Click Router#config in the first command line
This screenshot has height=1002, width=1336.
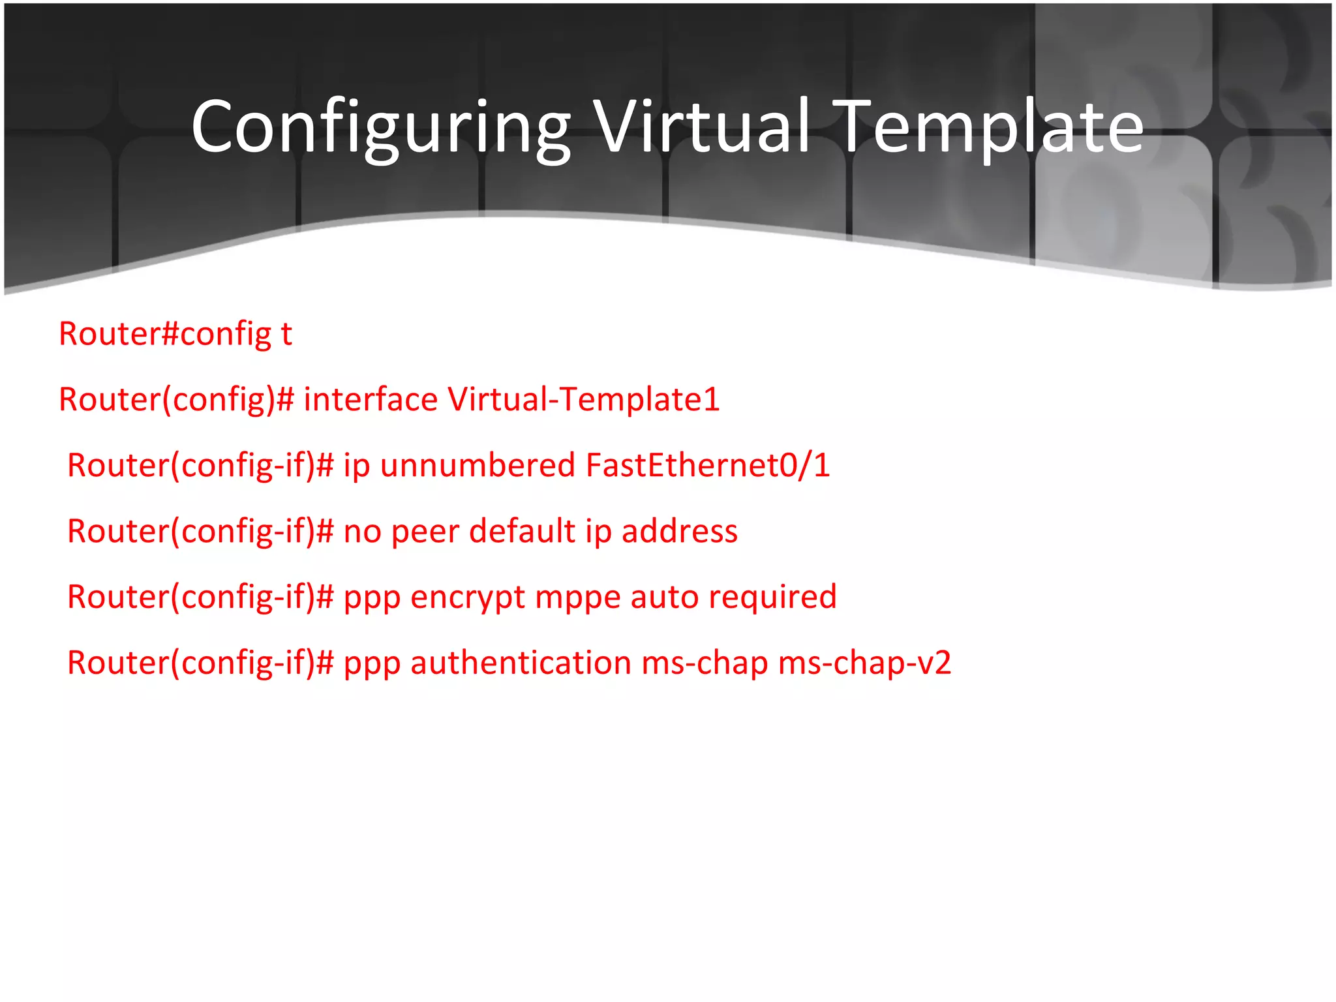pos(164,334)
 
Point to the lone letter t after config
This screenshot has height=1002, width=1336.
pos(286,334)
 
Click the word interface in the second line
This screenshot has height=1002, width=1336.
pos(371,399)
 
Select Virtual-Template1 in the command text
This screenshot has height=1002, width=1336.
pos(583,399)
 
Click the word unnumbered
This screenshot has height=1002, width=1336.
pos(478,466)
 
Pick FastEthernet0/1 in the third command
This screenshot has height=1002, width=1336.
pos(708,466)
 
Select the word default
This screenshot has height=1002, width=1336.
pos(522,531)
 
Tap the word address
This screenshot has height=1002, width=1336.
pos(680,532)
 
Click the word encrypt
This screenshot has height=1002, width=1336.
pos(468,598)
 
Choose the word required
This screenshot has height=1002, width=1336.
pos(772,598)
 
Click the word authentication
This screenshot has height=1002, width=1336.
pos(521,663)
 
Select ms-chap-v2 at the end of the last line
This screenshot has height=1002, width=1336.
pos(864,663)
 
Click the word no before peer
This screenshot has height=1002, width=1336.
pos(362,532)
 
